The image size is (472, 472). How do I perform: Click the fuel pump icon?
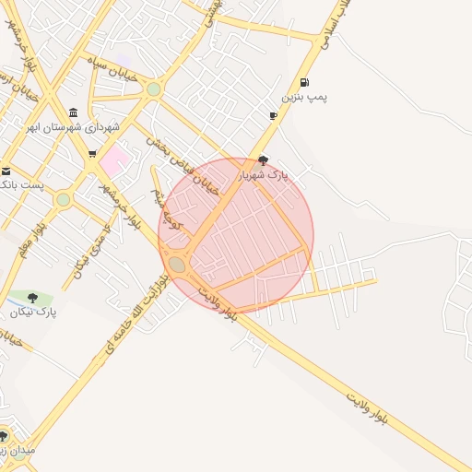click(305, 83)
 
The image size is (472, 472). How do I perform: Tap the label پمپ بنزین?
click(305, 97)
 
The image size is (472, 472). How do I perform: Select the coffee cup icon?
click(273, 115)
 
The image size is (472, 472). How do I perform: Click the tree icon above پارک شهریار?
click(264, 160)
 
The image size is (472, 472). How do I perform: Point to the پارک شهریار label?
click(265, 174)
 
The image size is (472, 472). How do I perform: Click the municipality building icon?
click(74, 112)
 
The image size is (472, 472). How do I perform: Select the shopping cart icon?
click(92, 154)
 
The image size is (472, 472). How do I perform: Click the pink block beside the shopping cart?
click(114, 164)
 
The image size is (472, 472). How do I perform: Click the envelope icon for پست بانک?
click(6, 171)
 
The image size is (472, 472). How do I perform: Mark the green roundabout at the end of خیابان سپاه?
click(153, 89)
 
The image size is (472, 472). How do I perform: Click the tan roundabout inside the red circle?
click(177, 265)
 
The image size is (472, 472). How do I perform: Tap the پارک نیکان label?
click(34, 313)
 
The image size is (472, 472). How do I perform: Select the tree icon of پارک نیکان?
click(33, 298)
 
